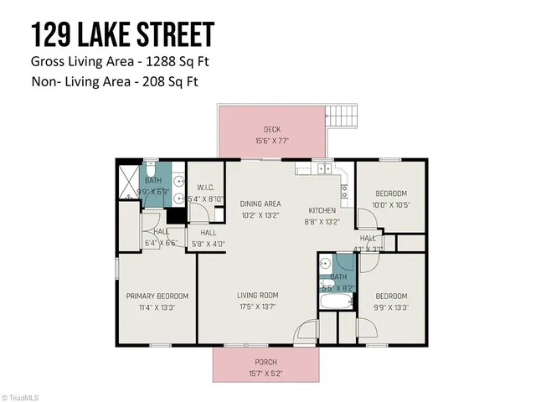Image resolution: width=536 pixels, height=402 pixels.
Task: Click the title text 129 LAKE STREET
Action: pyautogui.click(x=122, y=34)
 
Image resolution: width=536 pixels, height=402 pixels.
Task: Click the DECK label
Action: pyautogui.click(x=272, y=129)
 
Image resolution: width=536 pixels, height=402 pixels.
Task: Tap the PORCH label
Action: pyautogui.click(x=265, y=362)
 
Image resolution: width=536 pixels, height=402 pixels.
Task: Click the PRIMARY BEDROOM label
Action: pyautogui.click(x=157, y=296)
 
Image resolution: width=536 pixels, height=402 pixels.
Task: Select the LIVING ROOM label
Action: pyautogui.click(x=257, y=295)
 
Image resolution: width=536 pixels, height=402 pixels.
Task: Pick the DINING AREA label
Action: pyautogui.click(x=260, y=204)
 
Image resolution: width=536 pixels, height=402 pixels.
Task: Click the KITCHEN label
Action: pyautogui.click(x=322, y=210)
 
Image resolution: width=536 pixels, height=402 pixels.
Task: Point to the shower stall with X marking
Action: pyautogui.click(x=127, y=179)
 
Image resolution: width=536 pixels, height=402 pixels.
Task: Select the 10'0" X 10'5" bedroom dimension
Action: pyautogui.click(x=391, y=205)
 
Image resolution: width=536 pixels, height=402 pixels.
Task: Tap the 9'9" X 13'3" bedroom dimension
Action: pyautogui.click(x=391, y=307)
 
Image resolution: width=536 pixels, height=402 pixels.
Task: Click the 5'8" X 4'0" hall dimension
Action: pyautogui.click(x=208, y=244)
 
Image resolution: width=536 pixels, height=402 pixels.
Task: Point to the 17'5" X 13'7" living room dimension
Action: pyautogui.click(x=257, y=307)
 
